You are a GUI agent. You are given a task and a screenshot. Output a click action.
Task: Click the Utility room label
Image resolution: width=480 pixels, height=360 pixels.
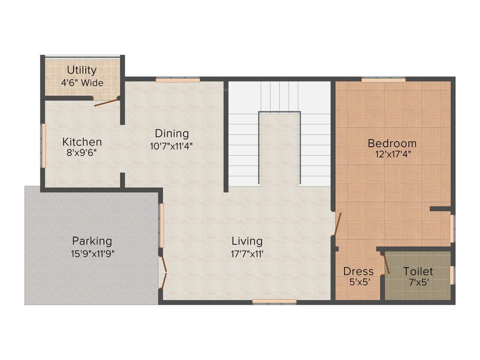tap(82, 70)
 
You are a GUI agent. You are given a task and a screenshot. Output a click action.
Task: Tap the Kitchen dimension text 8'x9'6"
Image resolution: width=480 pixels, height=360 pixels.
tap(82, 152)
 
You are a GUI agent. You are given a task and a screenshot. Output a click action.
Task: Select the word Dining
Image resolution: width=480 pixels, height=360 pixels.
tap(172, 134)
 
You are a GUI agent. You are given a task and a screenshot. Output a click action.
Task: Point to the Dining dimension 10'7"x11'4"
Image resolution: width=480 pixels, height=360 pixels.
tap(172, 146)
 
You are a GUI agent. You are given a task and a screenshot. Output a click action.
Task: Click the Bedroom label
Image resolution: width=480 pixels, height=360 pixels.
tap(392, 143)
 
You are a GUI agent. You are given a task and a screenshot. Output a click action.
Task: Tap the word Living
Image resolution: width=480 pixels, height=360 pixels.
tap(247, 241)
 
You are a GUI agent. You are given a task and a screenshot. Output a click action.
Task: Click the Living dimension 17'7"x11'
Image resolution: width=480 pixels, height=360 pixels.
tap(247, 254)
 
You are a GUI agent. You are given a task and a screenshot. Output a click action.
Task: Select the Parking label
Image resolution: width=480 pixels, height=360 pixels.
tap(92, 241)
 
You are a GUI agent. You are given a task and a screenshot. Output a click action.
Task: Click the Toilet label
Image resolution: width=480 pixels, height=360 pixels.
tap(418, 271)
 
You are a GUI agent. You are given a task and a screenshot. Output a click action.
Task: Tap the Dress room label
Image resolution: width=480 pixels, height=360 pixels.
tap(359, 271)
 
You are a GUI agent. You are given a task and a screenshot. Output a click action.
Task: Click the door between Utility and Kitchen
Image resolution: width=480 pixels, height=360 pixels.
tap(106, 102)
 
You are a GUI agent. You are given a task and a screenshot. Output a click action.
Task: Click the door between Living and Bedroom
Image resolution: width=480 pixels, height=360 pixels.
tap(337, 224)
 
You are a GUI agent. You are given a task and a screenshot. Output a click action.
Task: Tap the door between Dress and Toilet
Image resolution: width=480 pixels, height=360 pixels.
tap(386, 263)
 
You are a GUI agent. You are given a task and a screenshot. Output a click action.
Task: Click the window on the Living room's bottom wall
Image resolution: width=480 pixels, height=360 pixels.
tap(274, 301)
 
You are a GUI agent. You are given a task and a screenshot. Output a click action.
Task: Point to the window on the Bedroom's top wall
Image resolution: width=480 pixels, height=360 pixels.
tap(383, 80)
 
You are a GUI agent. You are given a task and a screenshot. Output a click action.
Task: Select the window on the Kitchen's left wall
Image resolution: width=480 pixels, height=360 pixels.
tap(44, 145)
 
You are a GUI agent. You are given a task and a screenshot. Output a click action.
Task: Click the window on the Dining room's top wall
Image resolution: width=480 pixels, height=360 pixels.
tap(178, 80)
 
